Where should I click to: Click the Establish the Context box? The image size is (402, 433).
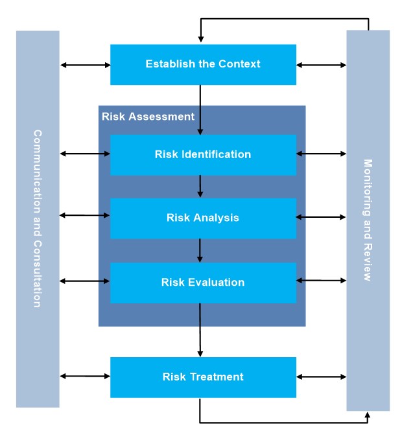[x=203, y=64]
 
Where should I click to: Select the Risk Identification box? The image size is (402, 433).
[x=203, y=155]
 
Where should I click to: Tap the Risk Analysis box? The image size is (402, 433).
[x=203, y=218]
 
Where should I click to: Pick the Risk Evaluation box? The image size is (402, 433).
[x=203, y=283]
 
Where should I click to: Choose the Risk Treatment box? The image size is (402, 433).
[x=203, y=377]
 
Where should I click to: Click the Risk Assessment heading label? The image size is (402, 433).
[x=148, y=117]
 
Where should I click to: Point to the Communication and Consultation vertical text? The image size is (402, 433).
[x=38, y=218]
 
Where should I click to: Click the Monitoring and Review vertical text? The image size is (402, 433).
[x=368, y=220]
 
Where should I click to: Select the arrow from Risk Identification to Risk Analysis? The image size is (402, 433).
[x=200, y=186]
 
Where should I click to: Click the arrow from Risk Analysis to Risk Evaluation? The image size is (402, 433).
[x=200, y=250]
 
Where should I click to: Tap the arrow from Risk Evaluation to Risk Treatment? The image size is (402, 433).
[x=200, y=330]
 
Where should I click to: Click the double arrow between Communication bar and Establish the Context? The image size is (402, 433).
[x=85, y=65]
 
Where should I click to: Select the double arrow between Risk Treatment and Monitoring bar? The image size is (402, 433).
[x=321, y=376]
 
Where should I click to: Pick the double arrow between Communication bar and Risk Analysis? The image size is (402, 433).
[x=85, y=215]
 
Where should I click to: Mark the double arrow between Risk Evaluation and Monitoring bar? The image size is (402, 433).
[x=321, y=281]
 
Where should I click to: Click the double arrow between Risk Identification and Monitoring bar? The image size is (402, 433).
[x=321, y=154]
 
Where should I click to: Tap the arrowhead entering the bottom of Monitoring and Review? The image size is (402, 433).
[x=368, y=414]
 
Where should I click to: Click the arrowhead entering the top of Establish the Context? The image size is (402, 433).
[x=200, y=40]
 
